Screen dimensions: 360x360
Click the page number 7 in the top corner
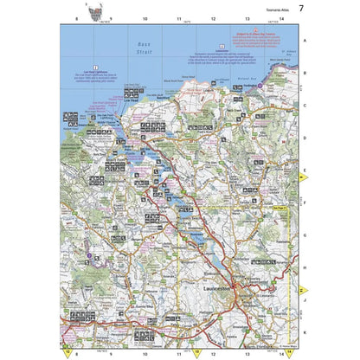click(x=300, y=9)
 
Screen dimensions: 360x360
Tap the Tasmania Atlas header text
click(x=270, y=10)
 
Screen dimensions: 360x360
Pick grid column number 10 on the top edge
click(x=145, y=18)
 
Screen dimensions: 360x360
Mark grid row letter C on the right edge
click(x=304, y=106)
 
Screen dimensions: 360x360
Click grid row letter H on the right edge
click(x=304, y=267)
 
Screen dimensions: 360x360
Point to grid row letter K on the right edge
click(x=304, y=331)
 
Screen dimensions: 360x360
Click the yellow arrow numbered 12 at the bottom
click(x=67, y=352)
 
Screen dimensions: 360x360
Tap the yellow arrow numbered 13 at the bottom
click(x=196, y=352)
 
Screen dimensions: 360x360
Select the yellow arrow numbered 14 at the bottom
click(x=292, y=352)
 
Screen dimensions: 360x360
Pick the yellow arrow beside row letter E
click(x=302, y=178)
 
